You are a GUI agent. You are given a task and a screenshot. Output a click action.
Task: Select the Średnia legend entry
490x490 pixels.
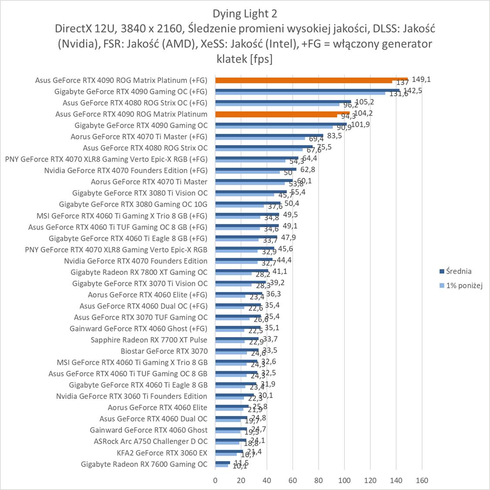tap(456, 271)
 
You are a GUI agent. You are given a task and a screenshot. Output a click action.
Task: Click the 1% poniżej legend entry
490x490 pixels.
tap(461, 286)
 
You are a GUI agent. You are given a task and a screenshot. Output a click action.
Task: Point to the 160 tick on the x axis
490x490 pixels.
tap(422, 480)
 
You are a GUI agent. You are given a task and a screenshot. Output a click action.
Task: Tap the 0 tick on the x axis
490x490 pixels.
tap(215, 480)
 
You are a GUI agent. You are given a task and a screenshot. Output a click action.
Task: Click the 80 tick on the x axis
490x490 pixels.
tap(318, 480)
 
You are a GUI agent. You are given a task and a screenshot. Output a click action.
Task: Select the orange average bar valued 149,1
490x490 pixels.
tap(311, 79)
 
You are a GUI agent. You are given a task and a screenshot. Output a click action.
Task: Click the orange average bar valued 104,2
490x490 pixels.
tap(282, 113)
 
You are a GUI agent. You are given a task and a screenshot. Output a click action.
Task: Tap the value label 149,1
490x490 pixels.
tap(420, 80)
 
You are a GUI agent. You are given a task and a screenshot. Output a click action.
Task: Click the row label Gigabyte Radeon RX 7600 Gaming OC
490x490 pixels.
tap(144, 464)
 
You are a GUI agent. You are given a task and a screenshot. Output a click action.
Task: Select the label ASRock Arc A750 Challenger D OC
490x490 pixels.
tap(151, 441)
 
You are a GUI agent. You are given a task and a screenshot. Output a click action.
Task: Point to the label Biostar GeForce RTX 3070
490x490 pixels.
tap(164, 351)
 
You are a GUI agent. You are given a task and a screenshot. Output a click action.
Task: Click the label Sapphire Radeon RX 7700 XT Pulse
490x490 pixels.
tap(149, 340)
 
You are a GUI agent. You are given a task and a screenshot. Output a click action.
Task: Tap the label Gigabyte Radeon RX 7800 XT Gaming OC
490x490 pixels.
tap(139, 272)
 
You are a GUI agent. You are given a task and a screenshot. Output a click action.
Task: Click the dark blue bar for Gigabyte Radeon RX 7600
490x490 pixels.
tap(223, 463)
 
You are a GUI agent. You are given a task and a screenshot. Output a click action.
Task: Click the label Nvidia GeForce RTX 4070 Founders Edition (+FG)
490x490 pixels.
tap(126, 170)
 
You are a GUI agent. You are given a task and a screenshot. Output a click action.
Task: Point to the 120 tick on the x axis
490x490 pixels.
tap(370, 480)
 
